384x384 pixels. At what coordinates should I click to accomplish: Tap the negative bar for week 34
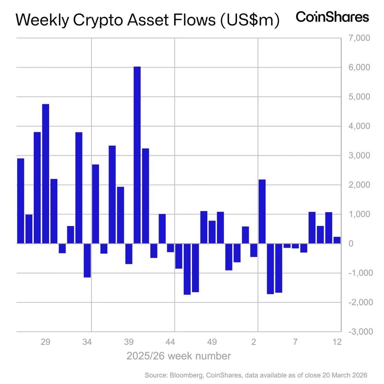(x=87, y=261)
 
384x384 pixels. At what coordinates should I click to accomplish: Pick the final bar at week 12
(x=337, y=240)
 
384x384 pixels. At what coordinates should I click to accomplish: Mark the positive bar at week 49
(x=212, y=232)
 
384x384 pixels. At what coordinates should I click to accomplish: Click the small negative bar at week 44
(x=170, y=248)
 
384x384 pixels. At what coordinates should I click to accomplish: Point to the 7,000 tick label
(x=359, y=38)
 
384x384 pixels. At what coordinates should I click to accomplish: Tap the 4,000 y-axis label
(x=359, y=126)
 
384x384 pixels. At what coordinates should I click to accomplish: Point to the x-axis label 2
(x=254, y=342)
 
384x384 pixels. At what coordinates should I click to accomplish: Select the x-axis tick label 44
(x=171, y=342)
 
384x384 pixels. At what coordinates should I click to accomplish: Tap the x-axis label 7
(x=295, y=342)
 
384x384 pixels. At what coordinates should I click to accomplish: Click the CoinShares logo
(x=332, y=17)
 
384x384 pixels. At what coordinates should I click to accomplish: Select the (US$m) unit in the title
(x=247, y=21)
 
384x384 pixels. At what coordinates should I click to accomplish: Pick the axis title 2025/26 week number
(x=178, y=355)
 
